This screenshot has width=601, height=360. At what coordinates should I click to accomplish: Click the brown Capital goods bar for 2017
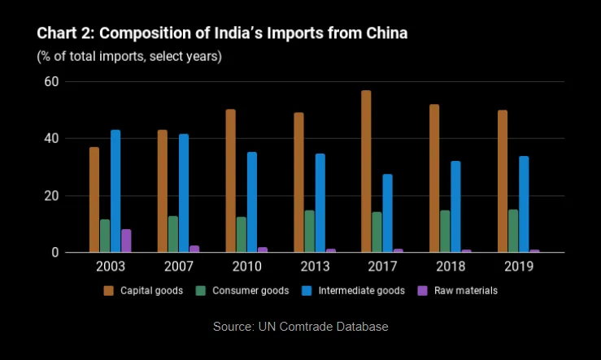[x=366, y=171]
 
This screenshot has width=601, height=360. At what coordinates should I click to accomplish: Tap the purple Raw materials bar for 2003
[x=126, y=241]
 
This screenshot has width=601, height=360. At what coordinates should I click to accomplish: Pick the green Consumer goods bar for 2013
[x=309, y=232]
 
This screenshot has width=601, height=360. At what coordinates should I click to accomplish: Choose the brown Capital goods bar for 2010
[x=230, y=180]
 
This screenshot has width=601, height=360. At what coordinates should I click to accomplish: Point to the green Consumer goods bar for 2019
[x=513, y=231]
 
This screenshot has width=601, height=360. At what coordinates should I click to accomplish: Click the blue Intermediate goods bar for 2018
[x=455, y=206]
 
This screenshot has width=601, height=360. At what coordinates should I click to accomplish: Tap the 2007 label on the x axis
[x=178, y=267]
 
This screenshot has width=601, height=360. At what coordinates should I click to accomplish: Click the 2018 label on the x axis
[x=450, y=267]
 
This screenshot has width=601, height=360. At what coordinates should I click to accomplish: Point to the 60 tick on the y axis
[x=52, y=81]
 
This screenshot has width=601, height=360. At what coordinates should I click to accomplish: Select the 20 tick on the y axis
[x=52, y=196]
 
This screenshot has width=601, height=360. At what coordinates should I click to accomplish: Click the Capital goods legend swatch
[x=108, y=291]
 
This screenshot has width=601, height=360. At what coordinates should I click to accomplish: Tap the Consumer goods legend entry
[x=244, y=291]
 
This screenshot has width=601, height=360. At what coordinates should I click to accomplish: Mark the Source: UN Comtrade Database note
[x=300, y=326]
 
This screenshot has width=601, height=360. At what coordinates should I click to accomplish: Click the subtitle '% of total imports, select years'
[x=129, y=56]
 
